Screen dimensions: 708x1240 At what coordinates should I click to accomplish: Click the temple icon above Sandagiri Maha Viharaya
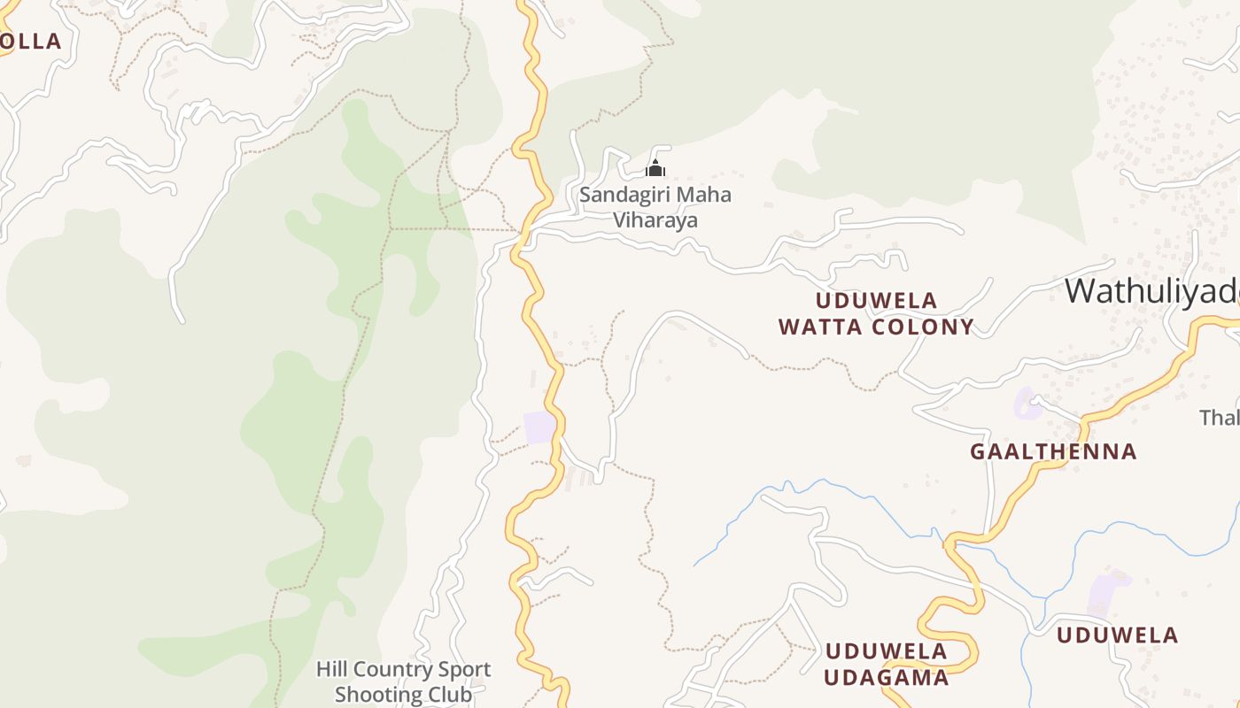click(655, 168)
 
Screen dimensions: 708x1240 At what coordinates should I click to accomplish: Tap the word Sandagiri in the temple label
click(623, 195)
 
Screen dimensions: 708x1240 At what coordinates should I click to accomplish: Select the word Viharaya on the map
click(655, 219)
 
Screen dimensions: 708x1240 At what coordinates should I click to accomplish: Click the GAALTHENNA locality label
click(1053, 451)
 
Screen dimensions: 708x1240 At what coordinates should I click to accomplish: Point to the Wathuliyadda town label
click(1151, 291)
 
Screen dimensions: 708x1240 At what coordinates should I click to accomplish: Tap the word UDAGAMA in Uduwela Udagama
click(887, 678)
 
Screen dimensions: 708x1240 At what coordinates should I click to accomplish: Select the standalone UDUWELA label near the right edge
click(1117, 635)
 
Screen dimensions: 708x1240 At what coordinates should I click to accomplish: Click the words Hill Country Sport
click(403, 669)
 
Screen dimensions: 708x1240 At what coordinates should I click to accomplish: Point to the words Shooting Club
click(403, 694)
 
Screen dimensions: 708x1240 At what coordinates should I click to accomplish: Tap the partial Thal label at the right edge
click(1220, 417)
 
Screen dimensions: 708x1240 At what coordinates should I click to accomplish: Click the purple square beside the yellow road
click(539, 427)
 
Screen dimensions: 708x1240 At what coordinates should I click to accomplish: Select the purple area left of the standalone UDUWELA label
click(1108, 593)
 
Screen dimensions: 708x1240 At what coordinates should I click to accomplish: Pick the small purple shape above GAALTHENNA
click(1027, 403)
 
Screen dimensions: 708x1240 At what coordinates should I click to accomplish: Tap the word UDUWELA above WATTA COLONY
click(876, 301)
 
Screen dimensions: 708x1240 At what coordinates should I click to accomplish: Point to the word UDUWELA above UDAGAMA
click(886, 652)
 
